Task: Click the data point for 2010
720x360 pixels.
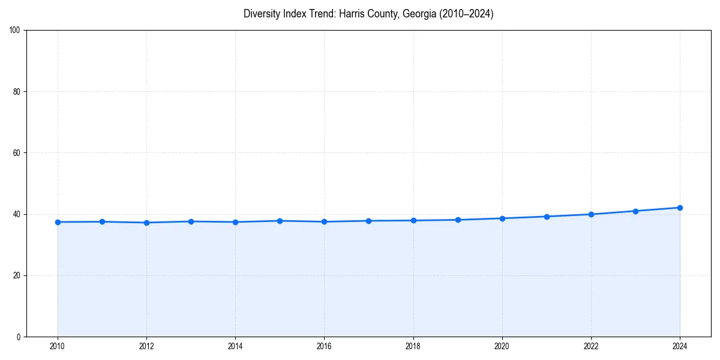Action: (x=58, y=222)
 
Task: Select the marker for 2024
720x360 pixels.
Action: (x=680, y=208)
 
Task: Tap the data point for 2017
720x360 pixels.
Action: (x=368, y=221)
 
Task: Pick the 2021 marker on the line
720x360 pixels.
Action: (x=547, y=217)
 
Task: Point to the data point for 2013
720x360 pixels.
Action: (x=191, y=221)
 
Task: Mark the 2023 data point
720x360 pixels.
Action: (x=635, y=211)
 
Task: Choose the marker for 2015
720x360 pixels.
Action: (x=280, y=221)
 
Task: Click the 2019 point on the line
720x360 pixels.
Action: (x=458, y=220)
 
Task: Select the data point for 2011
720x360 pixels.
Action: (x=102, y=222)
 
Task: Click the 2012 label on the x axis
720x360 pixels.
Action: (x=146, y=346)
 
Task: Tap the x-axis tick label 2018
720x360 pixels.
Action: (x=413, y=346)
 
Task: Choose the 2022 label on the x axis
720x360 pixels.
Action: (x=591, y=346)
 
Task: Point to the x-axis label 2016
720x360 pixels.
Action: (x=324, y=346)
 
